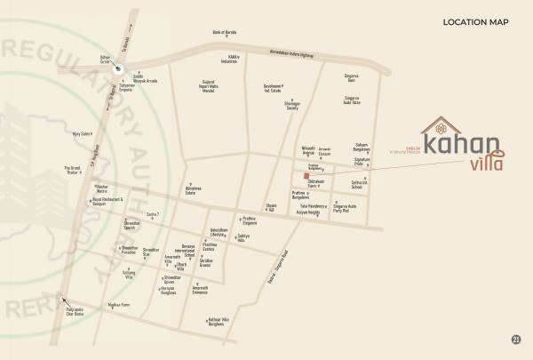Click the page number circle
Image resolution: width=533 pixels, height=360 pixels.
[x=517, y=340]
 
